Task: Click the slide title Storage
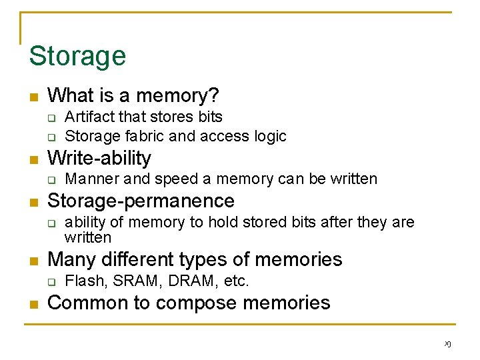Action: [x=77, y=55]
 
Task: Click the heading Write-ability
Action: [x=99, y=159]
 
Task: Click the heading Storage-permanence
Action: [x=141, y=201]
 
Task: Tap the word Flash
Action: [x=84, y=281]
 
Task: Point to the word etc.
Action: [x=237, y=281]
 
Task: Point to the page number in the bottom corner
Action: [x=447, y=344]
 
